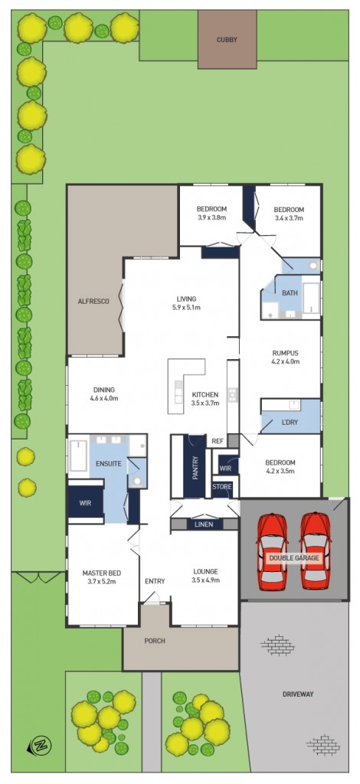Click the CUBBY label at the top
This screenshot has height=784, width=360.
227,39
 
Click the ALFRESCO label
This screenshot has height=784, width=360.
94,302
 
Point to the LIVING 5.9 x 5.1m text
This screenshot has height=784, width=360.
186,303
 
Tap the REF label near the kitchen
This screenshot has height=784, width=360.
218,441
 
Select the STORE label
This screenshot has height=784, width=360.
222,486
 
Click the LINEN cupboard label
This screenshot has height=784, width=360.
204,524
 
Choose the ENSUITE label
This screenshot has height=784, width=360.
105,464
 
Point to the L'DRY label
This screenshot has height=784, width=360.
290,423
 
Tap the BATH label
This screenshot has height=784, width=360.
290,293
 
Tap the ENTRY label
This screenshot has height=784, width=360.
155,581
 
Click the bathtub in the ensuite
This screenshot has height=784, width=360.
78,454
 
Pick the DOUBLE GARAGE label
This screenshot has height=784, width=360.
294,559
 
